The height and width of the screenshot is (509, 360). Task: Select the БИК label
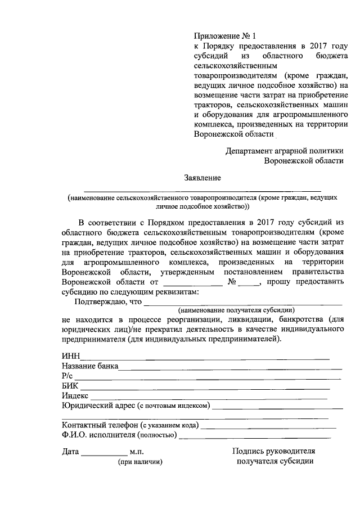pyautogui.click(x=70, y=385)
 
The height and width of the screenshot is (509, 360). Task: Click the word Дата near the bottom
pyautogui.click(x=71, y=452)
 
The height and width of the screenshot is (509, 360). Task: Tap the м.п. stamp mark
pyautogui.click(x=137, y=452)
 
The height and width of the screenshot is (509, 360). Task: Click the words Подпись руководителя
pyautogui.click(x=273, y=451)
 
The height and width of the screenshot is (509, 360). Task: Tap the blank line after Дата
pyautogui.click(x=105, y=453)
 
